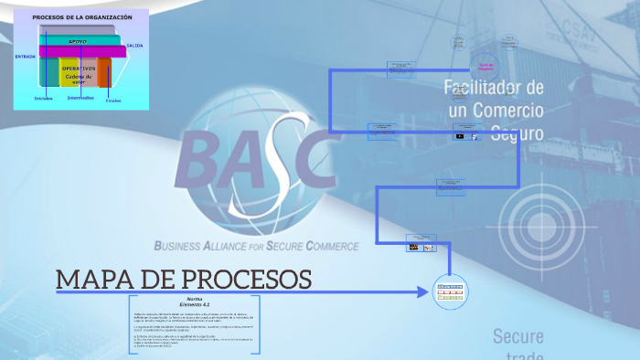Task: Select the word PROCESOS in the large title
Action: [x=239, y=280]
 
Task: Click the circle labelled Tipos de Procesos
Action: [x=485, y=67]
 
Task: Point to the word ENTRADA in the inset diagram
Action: [x=26, y=57]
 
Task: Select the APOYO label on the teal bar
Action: [x=79, y=41]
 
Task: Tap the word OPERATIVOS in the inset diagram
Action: [x=79, y=69]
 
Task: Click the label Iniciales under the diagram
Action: [x=43, y=98]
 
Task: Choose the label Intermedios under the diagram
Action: [x=80, y=98]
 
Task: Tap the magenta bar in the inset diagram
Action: [x=82, y=51]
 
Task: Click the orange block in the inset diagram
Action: [x=105, y=73]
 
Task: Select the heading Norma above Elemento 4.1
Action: [x=195, y=299]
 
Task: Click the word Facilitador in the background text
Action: [x=494, y=88]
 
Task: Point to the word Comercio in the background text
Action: [x=507, y=111]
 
